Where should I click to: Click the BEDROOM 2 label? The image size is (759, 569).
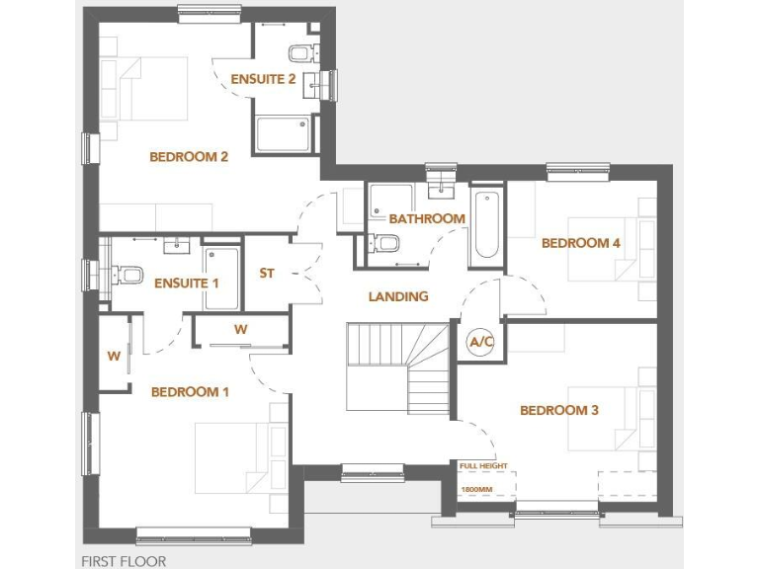[189, 156]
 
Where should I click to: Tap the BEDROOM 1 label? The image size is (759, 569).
[190, 392]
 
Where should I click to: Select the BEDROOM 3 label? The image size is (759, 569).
[559, 410]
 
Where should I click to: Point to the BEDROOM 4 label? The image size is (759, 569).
[581, 243]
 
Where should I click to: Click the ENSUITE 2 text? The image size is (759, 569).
[263, 79]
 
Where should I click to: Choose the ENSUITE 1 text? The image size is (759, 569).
[187, 284]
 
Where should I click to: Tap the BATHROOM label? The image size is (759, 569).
[427, 218]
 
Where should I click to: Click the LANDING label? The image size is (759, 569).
[398, 296]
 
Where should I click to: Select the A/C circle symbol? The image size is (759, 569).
[481, 342]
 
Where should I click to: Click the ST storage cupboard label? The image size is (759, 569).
[267, 274]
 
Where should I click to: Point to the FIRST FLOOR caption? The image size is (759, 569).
[124, 561]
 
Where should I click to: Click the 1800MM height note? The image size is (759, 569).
[476, 489]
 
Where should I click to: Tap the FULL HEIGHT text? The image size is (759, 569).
[482, 465]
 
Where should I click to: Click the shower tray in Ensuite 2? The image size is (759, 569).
[285, 135]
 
